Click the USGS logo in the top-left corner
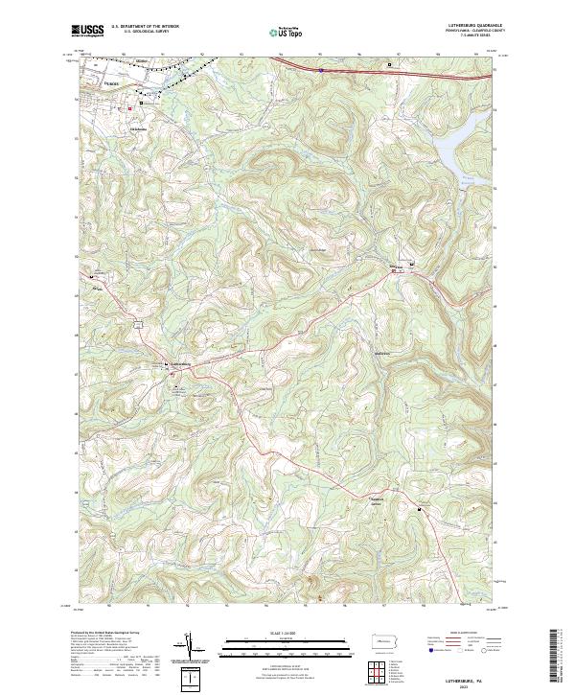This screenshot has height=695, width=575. (x=89, y=31)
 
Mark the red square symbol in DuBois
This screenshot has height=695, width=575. (x=130, y=108)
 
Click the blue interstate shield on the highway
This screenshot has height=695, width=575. (x=321, y=69)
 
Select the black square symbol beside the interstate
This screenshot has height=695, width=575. (x=389, y=64)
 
